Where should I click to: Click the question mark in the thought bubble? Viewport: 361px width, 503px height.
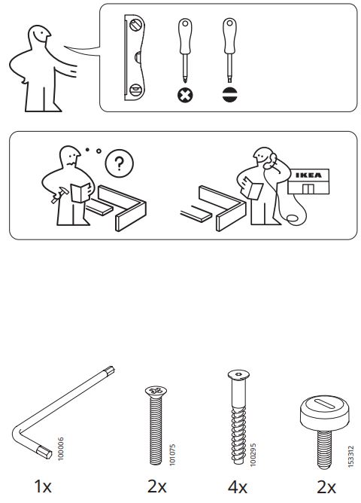(x=119, y=163)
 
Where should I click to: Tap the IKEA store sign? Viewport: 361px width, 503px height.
(x=308, y=175)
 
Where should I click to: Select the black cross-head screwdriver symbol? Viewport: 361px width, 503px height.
(x=185, y=95)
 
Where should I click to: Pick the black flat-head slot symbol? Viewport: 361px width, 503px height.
(x=229, y=95)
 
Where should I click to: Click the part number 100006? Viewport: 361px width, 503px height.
(x=60, y=449)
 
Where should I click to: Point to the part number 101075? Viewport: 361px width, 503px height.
(x=172, y=454)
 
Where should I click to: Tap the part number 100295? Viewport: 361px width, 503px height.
(x=253, y=454)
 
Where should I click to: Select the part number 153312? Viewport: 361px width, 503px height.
(x=350, y=456)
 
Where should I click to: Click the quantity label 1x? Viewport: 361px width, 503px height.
(x=43, y=486)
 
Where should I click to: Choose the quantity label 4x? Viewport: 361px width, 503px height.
(x=238, y=487)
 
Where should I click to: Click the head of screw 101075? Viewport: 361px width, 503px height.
(x=156, y=391)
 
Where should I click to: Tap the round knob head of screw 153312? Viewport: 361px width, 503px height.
(x=324, y=413)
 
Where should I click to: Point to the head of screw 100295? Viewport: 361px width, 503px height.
(x=238, y=374)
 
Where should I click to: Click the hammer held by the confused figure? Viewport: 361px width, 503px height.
(x=60, y=194)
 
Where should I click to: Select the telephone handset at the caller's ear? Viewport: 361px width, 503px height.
(x=271, y=160)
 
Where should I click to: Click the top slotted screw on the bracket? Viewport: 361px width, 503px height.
(x=135, y=25)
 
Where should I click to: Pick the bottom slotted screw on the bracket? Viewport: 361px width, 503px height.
(x=135, y=90)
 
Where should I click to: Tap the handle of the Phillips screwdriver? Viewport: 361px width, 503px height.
(x=185, y=36)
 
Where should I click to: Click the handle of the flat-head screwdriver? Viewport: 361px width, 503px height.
(x=229, y=36)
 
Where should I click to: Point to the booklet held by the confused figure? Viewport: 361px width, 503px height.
(x=80, y=193)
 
